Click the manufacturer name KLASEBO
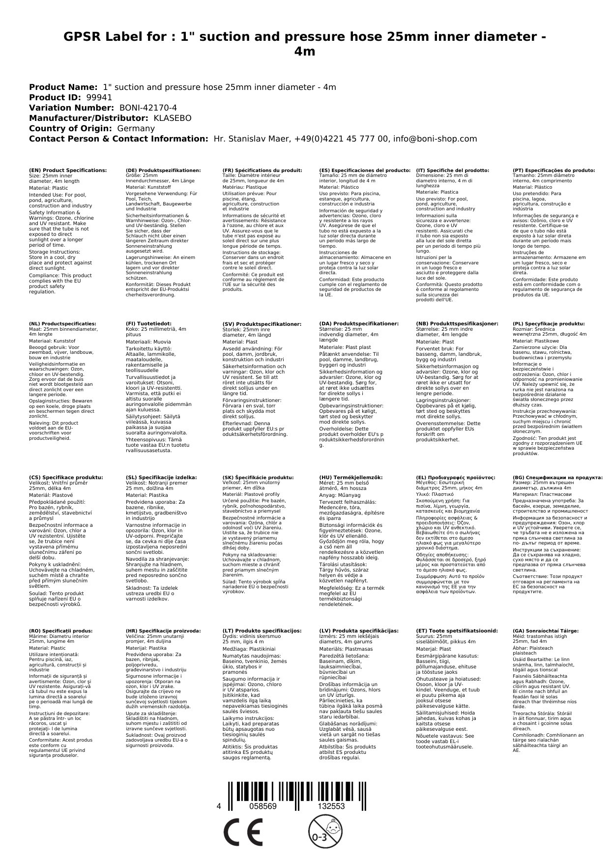[x=173, y=118]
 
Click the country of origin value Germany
[x=136, y=128]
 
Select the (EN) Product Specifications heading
[x=68, y=170]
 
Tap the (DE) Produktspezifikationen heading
[x=163, y=170]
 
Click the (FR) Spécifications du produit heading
[x=262, y=170]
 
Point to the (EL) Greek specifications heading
[x=456, y=477]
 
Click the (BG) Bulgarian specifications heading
[x=557, y=477]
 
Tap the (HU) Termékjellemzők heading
[x=350, y=477]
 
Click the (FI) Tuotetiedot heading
[x=148, y=324]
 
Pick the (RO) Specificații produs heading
[x=61, y=631]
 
